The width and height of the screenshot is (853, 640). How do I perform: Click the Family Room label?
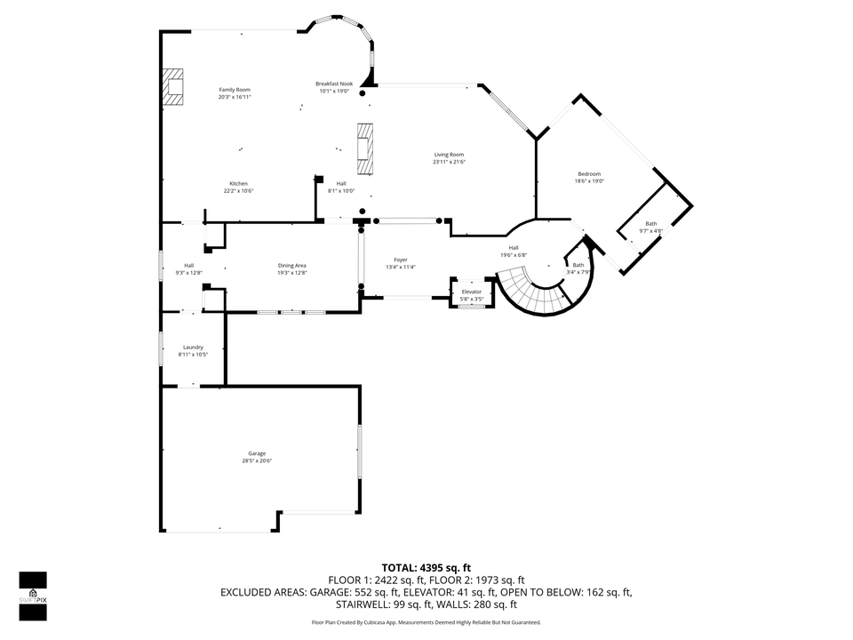(235, 90)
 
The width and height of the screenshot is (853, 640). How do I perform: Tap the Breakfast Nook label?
(334, 84)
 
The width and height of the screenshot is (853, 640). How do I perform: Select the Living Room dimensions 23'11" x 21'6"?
(449, 162)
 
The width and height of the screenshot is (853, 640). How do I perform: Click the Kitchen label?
(238, 183)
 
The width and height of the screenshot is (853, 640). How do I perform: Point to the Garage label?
(257, 453)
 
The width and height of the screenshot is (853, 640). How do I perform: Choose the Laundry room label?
(193, 347)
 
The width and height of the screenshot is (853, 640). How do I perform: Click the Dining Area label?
(291, 265)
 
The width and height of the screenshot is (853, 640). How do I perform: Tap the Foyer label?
(401, 260)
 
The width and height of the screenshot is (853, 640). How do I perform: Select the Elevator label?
(471, 292)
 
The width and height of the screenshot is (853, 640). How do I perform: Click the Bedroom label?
(588, 174)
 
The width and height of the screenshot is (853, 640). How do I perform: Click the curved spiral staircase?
(533, 293)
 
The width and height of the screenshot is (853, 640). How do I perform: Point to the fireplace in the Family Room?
(172, 86)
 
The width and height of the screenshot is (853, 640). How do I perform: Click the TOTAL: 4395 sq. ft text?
(426, 567)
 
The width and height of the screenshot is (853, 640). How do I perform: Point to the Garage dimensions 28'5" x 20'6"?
(257, 460)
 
